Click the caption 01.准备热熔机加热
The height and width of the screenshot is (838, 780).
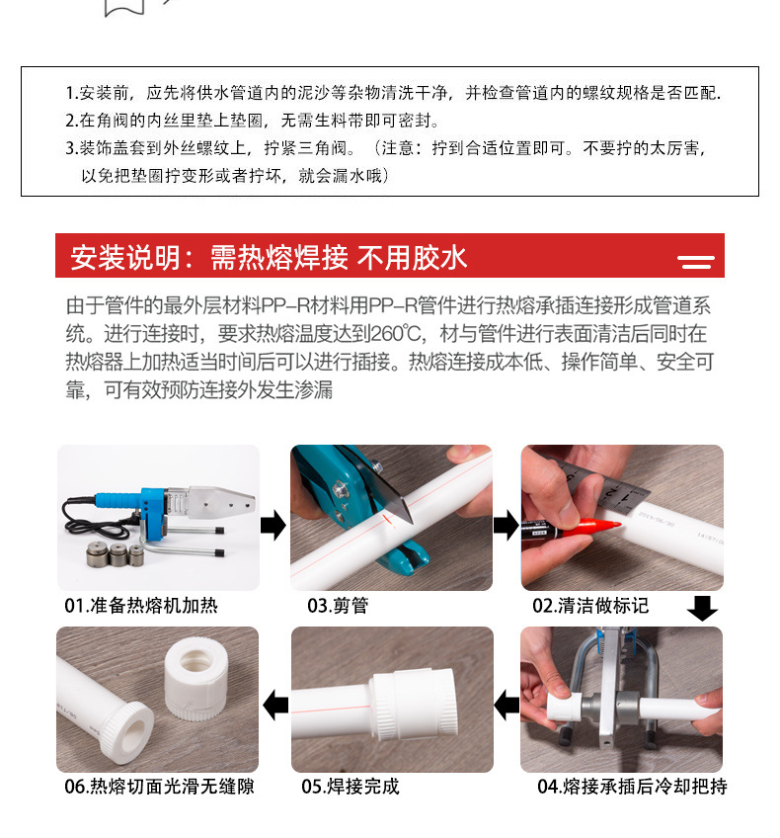click(141, 606)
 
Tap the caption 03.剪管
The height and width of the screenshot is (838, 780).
click(338, 606)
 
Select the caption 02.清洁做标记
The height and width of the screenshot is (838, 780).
click(590, 606)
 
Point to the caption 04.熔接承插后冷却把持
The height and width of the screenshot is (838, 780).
click(632, 787)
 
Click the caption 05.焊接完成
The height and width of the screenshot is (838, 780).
click(351, 787)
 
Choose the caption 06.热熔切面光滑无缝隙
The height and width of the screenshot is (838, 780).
click(159, 787)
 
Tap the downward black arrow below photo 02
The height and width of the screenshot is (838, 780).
click(702, 608)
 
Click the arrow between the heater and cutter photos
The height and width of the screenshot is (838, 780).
click(273, 525)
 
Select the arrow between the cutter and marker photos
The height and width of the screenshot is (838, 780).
click(507, 525)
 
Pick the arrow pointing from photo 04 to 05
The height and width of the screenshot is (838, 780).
click(507, 705)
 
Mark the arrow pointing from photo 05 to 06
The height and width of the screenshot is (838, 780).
click(275, 705)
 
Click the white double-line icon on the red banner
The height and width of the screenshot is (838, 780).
click(696, 262)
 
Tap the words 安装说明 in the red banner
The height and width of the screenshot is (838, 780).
click(125, 258)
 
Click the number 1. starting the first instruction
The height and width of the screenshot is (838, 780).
click(73, 93)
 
